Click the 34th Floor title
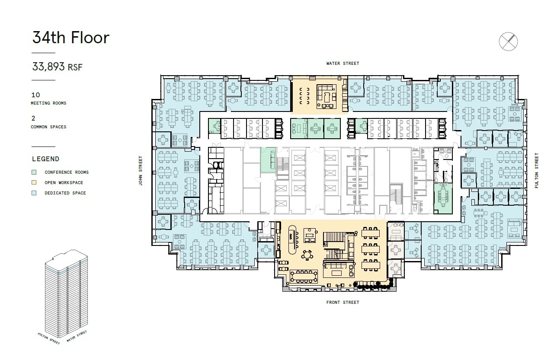coord(70,38)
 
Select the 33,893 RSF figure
coord(57,67)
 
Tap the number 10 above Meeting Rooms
coord(35,95)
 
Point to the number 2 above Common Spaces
coord(33,118)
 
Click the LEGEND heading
coord(45,159)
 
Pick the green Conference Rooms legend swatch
coord(34,172)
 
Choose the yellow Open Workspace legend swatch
coord(34,182)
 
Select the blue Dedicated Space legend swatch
coord(34,193)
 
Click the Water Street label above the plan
coord(343,64)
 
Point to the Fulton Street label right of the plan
coord(537,170)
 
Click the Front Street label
coord(343,303)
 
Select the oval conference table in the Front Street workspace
coord(305,274)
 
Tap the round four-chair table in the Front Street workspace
coord(307,255)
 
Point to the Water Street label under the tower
coord(77,336)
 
